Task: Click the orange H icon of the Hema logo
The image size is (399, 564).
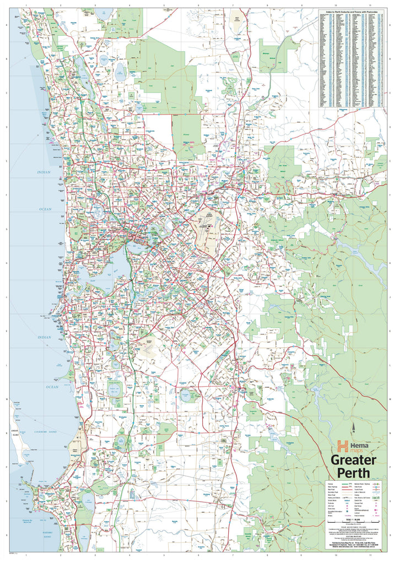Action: pyautogui.click(x=343, y=445)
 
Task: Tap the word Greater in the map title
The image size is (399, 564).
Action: pyautogui.click(x=354, y=460)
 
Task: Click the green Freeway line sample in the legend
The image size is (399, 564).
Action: pyautogui.click(x=345, y=485)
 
